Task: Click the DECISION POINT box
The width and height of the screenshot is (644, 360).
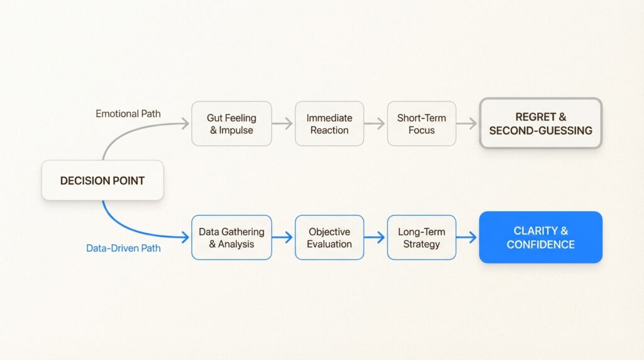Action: click(103, 181)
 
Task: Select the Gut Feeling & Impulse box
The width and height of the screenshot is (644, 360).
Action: click(231, 124)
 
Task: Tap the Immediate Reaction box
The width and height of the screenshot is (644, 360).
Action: click(329, 124)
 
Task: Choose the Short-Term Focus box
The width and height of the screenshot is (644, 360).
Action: click(421, 124)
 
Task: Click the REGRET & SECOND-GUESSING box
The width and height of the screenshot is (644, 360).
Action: click(540, 124)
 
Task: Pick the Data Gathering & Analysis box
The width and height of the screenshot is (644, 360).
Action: click(231, 237)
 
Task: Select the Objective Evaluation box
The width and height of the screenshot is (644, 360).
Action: click(329, 237)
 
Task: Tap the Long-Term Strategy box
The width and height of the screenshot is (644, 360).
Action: click(421, 237)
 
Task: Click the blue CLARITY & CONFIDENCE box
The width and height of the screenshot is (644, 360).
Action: click(540, 237)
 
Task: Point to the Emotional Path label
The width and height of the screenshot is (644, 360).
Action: click(128, 114)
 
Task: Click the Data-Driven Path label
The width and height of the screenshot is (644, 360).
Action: click(123, 248)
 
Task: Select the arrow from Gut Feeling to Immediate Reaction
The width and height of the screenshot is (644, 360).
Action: click(283, 124)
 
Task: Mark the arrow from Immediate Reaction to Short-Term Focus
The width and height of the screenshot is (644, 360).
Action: click(375, 124)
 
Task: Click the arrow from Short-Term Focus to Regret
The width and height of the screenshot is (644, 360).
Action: click(467, 124)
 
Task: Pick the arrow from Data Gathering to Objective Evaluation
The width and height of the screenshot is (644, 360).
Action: click(283, 237)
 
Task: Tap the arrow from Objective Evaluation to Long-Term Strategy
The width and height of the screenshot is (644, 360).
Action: click(375, 237)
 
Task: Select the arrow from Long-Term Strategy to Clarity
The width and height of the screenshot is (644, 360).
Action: click(467, 237)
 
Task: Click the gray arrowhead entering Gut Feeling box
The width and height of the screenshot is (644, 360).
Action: click(186, 124)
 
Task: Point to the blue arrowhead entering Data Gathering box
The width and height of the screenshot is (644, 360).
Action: click(186, 237)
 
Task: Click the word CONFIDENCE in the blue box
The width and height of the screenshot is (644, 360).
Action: click(540, 244)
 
